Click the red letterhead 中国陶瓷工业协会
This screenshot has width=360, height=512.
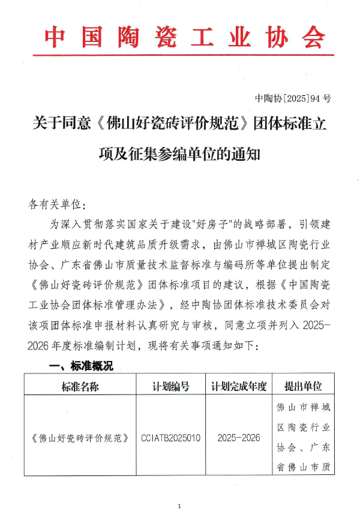pyautogui.click(x=184, y=37)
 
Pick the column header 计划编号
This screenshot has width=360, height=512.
pyautogui.click(x=171, y=386)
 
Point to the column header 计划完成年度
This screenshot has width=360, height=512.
pyautogui.click(x=238, y=386)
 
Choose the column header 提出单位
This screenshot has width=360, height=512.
pyautogui.click(x=303, y=386)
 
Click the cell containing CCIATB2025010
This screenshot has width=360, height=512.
pyautogui.click(x=171, y=437)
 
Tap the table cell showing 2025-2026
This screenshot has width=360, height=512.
pyautogui.click(x=239, y=437)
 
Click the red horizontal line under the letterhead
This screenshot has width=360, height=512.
pyautogui.click(x=183, y=56)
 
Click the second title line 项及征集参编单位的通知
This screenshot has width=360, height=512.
pyautogui.click(x=179, y=153)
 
